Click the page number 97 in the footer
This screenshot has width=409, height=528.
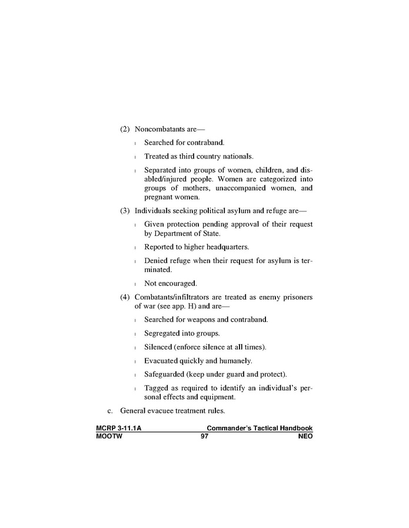204,436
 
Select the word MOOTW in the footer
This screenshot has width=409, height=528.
109,436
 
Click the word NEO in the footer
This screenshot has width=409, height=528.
305,436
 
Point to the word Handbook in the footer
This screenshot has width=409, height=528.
295,429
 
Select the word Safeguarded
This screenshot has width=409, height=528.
166,374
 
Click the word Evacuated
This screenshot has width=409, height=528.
162,361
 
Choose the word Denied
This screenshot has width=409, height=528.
156,261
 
